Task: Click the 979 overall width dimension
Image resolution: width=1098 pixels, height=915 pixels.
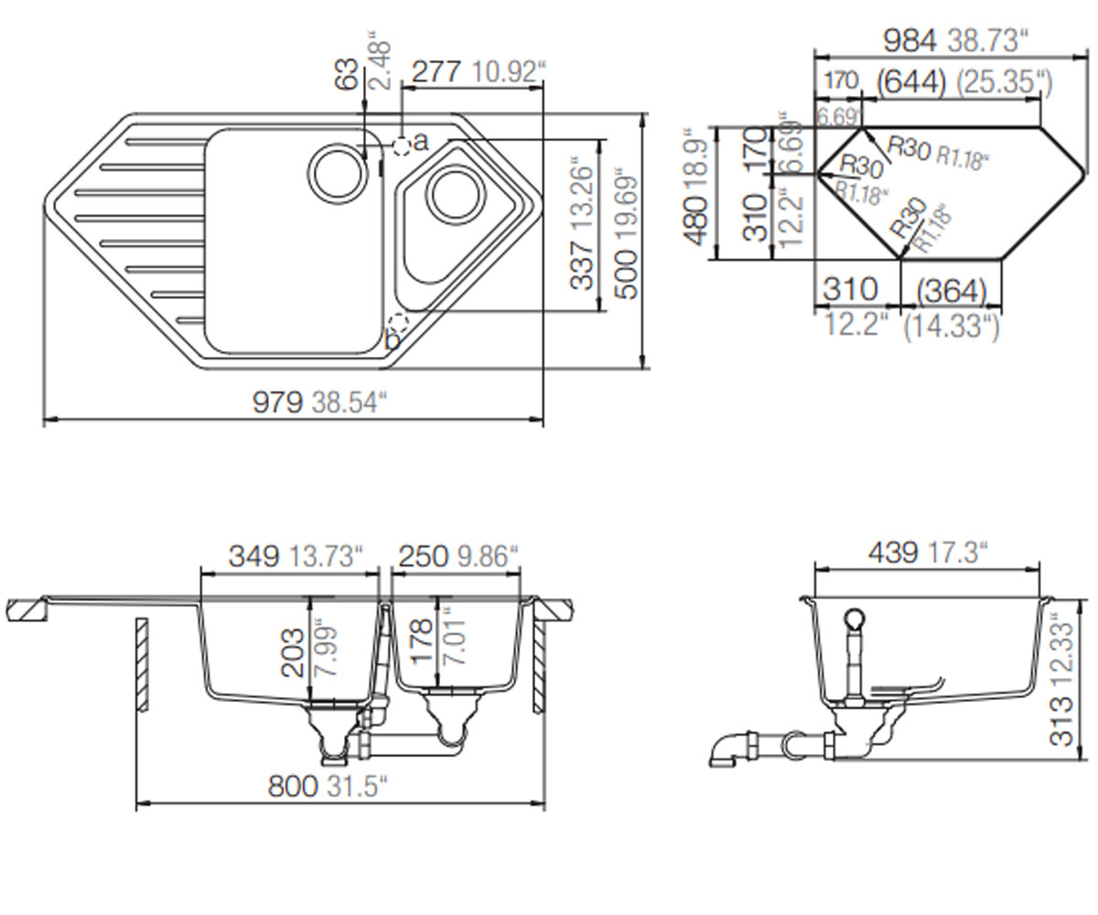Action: [x=277, y=403]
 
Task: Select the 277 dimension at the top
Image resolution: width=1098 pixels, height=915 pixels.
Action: [x=436, y=72]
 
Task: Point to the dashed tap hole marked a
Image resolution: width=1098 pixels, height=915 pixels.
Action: [x=403, y=146]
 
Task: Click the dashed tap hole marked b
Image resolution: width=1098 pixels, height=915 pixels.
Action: [x=398, y=321]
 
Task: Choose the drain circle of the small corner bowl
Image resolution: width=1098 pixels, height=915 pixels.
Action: [x=456, y=195]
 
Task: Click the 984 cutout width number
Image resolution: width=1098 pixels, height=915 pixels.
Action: [x=910, y=40]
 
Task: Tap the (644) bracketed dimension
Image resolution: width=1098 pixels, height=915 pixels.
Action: [x=911, y=82]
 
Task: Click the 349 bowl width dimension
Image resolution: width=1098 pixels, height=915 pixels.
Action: [x=254, y=555]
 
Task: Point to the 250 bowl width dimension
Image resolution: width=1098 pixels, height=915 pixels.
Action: [x=424, y=555]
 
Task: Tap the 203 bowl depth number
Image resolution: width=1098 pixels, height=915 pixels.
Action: [x=293, y=652]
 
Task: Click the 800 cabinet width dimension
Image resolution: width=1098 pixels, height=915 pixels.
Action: [x=293, y=786]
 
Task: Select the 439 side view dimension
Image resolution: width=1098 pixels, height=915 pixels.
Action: [x=893, y=552]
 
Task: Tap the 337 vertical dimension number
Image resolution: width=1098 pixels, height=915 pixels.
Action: [x=581, y=264]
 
